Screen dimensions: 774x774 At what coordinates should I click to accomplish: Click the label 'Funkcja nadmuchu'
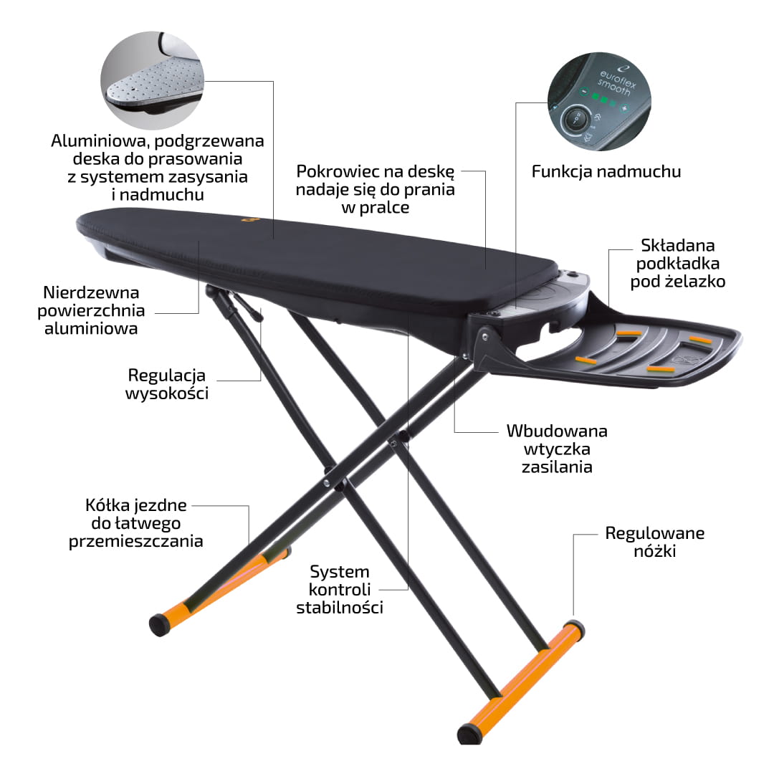click(x=606, y=171)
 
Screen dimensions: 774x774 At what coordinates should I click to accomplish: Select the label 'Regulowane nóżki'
click(x=654, y=542)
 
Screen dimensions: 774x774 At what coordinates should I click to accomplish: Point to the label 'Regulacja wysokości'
click(x=167, y=384)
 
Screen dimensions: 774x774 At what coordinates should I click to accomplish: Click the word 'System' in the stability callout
click(x=340, y=572)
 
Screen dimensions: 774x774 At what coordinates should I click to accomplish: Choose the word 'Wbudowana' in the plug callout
click(x=557, y=431)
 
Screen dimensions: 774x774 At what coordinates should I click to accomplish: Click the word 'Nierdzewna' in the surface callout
click(x=91, y=292)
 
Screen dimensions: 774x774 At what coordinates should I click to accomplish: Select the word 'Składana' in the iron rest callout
click(x=678, y=245)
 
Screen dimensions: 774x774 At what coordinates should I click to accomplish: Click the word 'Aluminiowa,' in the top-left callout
click(x=100, y=141)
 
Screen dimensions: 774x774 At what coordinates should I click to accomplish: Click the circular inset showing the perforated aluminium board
click(x=153, y=80)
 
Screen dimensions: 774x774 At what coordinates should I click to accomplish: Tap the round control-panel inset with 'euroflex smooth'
click(x=599, y=102)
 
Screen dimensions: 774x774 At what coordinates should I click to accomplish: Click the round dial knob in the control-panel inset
click(x=575, y=119)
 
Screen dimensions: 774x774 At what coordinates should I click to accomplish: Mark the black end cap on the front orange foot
click(x=469, y=734)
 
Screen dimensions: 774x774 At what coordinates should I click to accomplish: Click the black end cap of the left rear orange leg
click(x=159, y=625)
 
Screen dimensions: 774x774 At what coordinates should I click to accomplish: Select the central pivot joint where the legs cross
click(x=340, y=486)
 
